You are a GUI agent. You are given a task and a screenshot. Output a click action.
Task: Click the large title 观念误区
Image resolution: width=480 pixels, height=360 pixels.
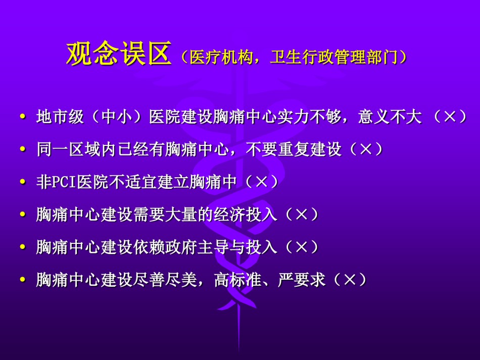tap(119, 53)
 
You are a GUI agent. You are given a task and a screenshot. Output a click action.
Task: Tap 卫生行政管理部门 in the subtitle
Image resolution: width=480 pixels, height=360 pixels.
tap(333, 57)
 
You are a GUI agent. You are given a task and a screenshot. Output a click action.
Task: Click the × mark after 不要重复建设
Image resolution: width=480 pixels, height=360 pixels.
tap(366, 149)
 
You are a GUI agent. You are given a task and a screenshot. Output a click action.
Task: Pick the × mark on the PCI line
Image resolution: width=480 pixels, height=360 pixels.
tap(261, 182)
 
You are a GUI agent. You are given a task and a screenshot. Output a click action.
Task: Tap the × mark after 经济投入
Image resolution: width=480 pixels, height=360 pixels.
tap(302, 215)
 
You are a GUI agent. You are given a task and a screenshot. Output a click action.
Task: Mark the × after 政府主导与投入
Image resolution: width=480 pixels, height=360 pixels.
tap(302, 247)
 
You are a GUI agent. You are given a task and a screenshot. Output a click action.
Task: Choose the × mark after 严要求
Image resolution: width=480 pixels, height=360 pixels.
tap(350, 280)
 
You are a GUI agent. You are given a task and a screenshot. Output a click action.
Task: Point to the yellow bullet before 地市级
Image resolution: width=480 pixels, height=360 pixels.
tap(22, 117)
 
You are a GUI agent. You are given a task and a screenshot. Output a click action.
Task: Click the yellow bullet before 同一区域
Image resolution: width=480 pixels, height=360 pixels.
tap(22, 149)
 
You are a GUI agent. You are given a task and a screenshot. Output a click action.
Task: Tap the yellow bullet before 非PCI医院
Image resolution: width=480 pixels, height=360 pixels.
tap(22, 182)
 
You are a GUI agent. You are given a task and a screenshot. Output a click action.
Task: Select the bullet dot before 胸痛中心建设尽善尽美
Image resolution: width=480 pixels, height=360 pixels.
tap(22, 280)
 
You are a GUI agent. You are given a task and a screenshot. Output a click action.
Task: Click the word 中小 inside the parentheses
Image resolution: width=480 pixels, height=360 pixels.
tap(116, 117)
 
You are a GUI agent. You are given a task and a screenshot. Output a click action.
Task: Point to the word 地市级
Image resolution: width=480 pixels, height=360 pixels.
tap(60, 117)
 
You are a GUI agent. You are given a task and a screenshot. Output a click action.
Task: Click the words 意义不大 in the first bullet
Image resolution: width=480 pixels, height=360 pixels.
tap(390, 117)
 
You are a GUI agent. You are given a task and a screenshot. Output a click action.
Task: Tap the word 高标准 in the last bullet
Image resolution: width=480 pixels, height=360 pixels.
tap(238, 280)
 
